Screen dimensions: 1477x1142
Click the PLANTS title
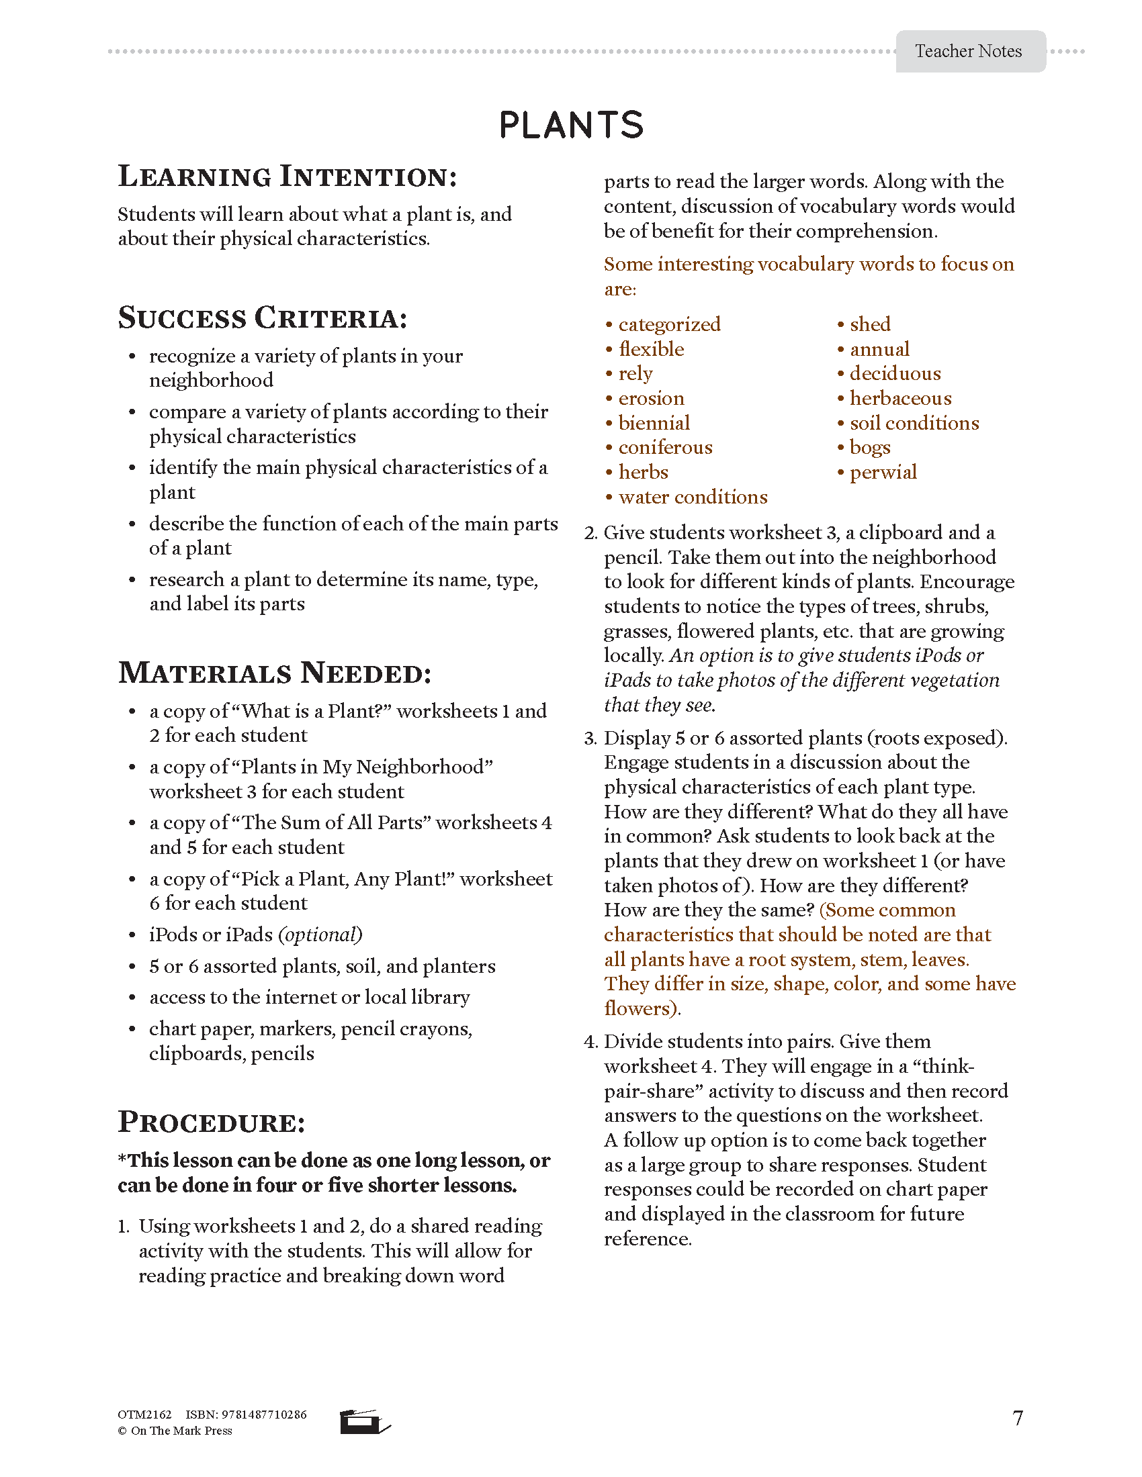(571, 125)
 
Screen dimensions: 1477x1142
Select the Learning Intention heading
(288, 177)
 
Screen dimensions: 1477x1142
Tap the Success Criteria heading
(263, 318)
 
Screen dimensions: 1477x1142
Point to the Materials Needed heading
(275, 673)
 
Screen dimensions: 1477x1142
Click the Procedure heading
(212, 1122)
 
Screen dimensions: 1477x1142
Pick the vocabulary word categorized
(669, 325)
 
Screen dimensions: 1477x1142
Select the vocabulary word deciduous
(894, 374)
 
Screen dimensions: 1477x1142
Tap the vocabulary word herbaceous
(899, 398)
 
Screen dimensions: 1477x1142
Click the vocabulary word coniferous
(665, 448)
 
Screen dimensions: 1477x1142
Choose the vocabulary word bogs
(869, 448)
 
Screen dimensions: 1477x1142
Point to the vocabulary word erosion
(651, 398)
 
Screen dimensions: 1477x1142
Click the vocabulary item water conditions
(693, 497)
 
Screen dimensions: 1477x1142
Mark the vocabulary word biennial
(654, 424)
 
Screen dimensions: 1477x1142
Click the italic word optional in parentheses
(320, 935)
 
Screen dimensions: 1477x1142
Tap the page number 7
(1018, 1418)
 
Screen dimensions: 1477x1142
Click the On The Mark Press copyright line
(175, 1431)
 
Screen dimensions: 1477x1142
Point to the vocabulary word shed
(870, 325)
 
